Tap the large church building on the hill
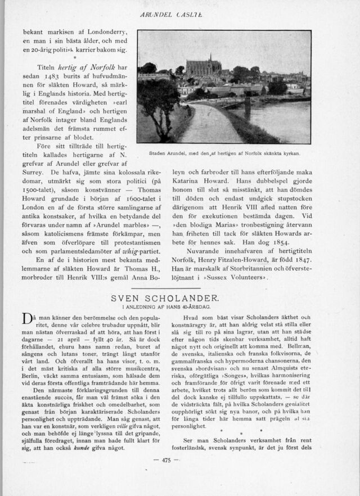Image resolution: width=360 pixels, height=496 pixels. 204,67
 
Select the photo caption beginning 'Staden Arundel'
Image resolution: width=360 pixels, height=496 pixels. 224,152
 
